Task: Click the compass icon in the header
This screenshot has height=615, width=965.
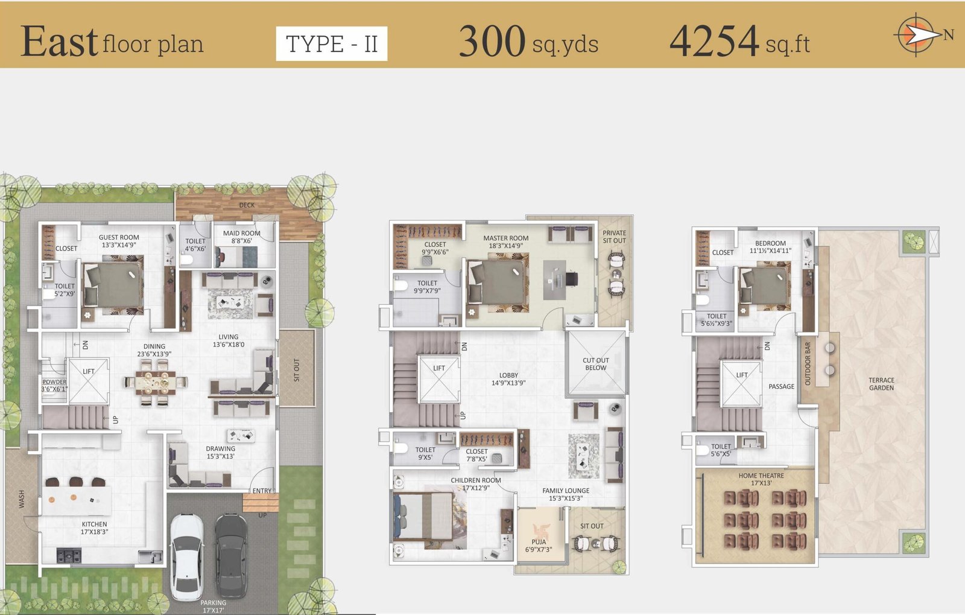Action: pos(917,35)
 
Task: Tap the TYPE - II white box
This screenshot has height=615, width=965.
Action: pos(332,43)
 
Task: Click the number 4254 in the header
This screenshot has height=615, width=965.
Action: pos(714,41)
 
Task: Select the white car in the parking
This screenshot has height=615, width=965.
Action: pos(188,557)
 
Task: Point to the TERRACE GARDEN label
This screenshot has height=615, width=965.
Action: pos(881,384)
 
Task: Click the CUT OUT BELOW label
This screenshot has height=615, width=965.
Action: pos(596,364)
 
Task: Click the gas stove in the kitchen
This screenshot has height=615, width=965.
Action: pos(69,555)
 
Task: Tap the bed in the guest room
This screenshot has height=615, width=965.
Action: pos(113,285)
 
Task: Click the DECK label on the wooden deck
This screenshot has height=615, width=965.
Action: pos(247,205)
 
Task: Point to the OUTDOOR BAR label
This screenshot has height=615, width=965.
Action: pos(808,364)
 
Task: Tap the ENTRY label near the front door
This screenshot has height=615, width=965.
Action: pos(262,491)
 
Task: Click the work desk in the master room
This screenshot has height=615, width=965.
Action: pos(554,280)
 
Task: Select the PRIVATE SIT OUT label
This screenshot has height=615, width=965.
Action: pos(615,237)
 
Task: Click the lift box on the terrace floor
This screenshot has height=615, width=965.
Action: pos(741,384)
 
